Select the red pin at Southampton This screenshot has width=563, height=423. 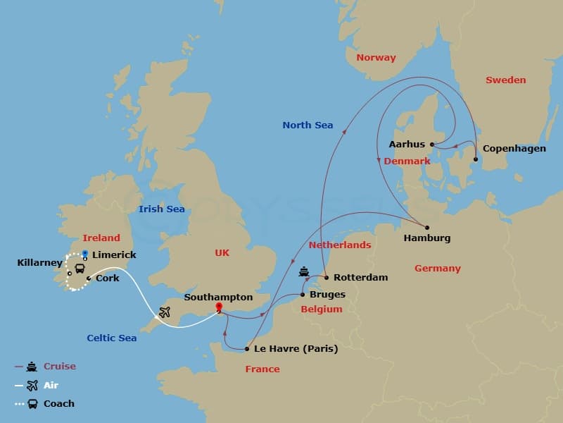[219, 307]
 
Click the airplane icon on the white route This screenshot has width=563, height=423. [165, 312]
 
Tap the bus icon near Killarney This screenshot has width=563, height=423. [80, 268]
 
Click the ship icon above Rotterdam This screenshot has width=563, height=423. [304, 271]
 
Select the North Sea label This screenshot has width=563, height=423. [308, 125]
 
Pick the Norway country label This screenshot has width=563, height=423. [376, 58]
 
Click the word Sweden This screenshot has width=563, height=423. [505, 80]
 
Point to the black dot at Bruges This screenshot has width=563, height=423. [303, 295]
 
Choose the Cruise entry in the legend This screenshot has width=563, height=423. [59, 367]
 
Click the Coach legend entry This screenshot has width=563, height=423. [58, 404]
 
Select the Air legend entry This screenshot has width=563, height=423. [51, 386]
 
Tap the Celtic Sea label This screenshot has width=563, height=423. [112, 338]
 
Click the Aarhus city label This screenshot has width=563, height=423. [407, 145]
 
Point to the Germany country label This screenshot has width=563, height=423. [437, 269]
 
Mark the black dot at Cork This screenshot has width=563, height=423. [89, 278]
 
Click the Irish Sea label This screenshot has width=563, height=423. [161, 209]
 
